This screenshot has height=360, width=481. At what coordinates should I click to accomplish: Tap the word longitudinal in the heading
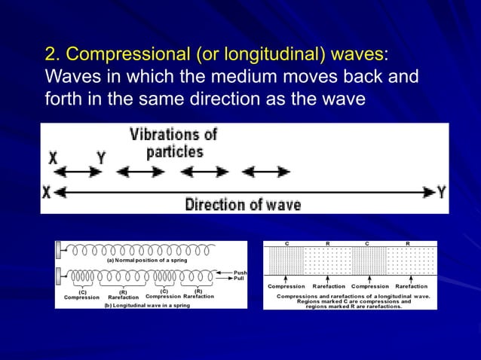point(265,55)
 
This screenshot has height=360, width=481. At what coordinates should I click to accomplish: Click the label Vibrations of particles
point(173,142)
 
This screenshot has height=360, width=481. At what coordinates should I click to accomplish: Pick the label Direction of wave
point(243,204)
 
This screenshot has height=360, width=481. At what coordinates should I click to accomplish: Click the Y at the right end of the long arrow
point(442,192)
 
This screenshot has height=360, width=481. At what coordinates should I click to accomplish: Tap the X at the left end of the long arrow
point(47,193)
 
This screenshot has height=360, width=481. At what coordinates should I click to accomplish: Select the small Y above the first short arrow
point(100,157)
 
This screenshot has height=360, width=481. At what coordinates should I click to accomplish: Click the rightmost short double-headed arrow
point(265,172)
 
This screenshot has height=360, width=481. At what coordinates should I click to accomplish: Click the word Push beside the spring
point(240,273)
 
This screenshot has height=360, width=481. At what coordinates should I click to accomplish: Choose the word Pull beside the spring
point(239,279)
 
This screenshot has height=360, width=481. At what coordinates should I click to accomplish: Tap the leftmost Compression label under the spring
point(81,297)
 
